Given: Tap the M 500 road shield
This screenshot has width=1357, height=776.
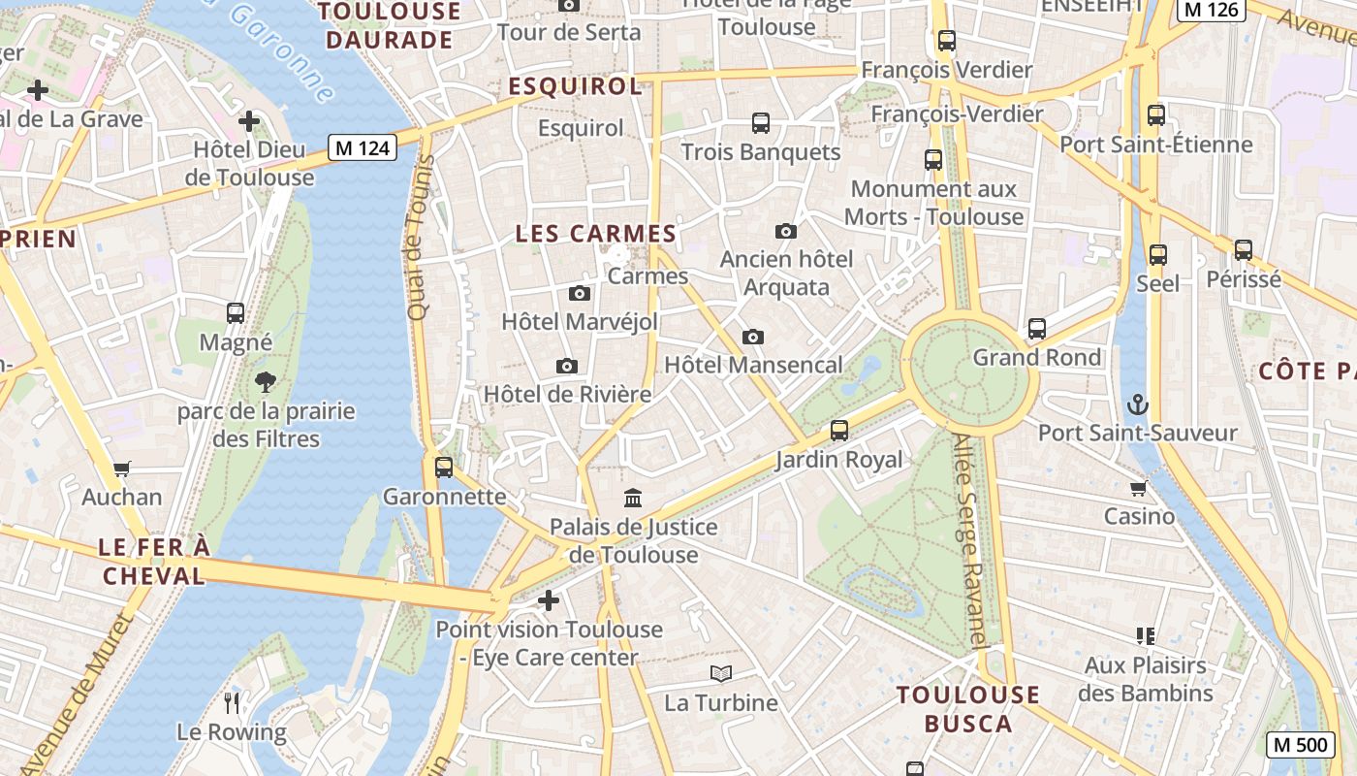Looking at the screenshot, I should point(1299,744).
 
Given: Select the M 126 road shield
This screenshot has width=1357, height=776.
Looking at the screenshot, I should point(1211,10).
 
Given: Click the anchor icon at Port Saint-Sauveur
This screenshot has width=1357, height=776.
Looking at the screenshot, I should point(1138,404).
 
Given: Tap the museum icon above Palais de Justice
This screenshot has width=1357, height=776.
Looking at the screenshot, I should point(633,498).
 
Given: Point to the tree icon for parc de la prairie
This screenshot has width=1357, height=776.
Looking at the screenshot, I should point(266,381).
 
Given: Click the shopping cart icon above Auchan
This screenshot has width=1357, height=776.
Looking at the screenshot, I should point(122,469).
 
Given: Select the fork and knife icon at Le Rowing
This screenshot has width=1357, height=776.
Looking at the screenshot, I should point(232,702).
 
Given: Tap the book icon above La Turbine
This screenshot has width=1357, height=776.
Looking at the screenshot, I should point(720,673).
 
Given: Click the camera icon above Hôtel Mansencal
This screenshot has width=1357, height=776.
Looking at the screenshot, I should point(753,337).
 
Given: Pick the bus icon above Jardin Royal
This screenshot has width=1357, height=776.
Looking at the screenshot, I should point(839,430).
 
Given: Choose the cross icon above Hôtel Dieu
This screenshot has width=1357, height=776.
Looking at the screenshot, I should point(249,121).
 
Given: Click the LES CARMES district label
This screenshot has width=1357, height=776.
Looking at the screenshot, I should point(595,234).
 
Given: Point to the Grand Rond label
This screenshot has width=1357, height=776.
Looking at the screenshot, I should point(1037,357).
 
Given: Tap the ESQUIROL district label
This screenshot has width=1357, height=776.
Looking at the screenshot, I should point(575,86).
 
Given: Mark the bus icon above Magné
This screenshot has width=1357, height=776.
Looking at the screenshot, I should point(236,313).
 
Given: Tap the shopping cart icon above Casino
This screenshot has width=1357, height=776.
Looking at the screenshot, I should point(1139,487).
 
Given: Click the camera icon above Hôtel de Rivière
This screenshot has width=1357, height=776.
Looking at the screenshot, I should point(567,366).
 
